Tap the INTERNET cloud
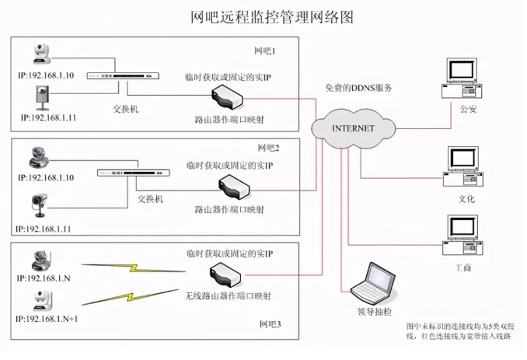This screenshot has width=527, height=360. pyautogui.click(x=353, y=128)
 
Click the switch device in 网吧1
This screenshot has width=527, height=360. pyautogui.click(x=124, y=77)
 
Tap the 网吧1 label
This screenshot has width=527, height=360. pyautogui.click(x=265, y=51)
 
